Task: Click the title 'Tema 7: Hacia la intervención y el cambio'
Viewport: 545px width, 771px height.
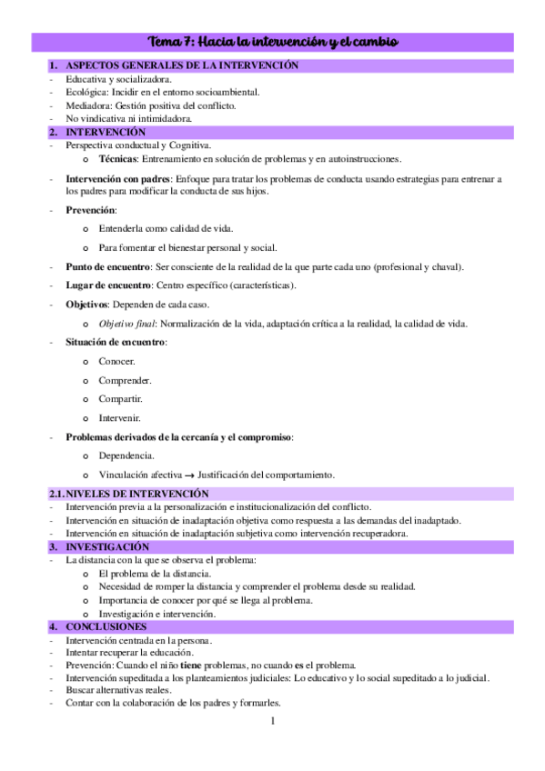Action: point(273,43)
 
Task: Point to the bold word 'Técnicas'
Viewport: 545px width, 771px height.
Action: point(118,158)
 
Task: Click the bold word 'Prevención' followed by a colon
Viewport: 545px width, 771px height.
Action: point(90,210)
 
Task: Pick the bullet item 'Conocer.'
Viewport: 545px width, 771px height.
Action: point(117,361)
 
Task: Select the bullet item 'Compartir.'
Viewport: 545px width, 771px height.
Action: point(120,399)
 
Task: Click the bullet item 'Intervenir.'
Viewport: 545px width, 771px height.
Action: point(120,418)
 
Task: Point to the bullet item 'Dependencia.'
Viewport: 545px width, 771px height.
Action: point(126,456)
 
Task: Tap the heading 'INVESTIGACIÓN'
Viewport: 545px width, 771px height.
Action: point(106,547)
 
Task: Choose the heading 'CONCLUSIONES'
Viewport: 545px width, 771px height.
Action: point(106,627)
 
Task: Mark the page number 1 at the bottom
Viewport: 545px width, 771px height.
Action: point(272,721)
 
